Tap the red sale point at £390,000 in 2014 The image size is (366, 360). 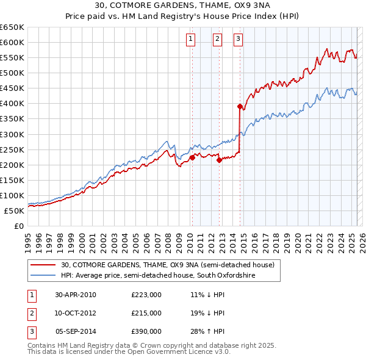click(x=240, y=106)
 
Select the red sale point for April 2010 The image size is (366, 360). click(x=192, y=157)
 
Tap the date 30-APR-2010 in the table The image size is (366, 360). click(x=76, y=295)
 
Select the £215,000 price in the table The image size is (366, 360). click(x=146, y=313)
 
